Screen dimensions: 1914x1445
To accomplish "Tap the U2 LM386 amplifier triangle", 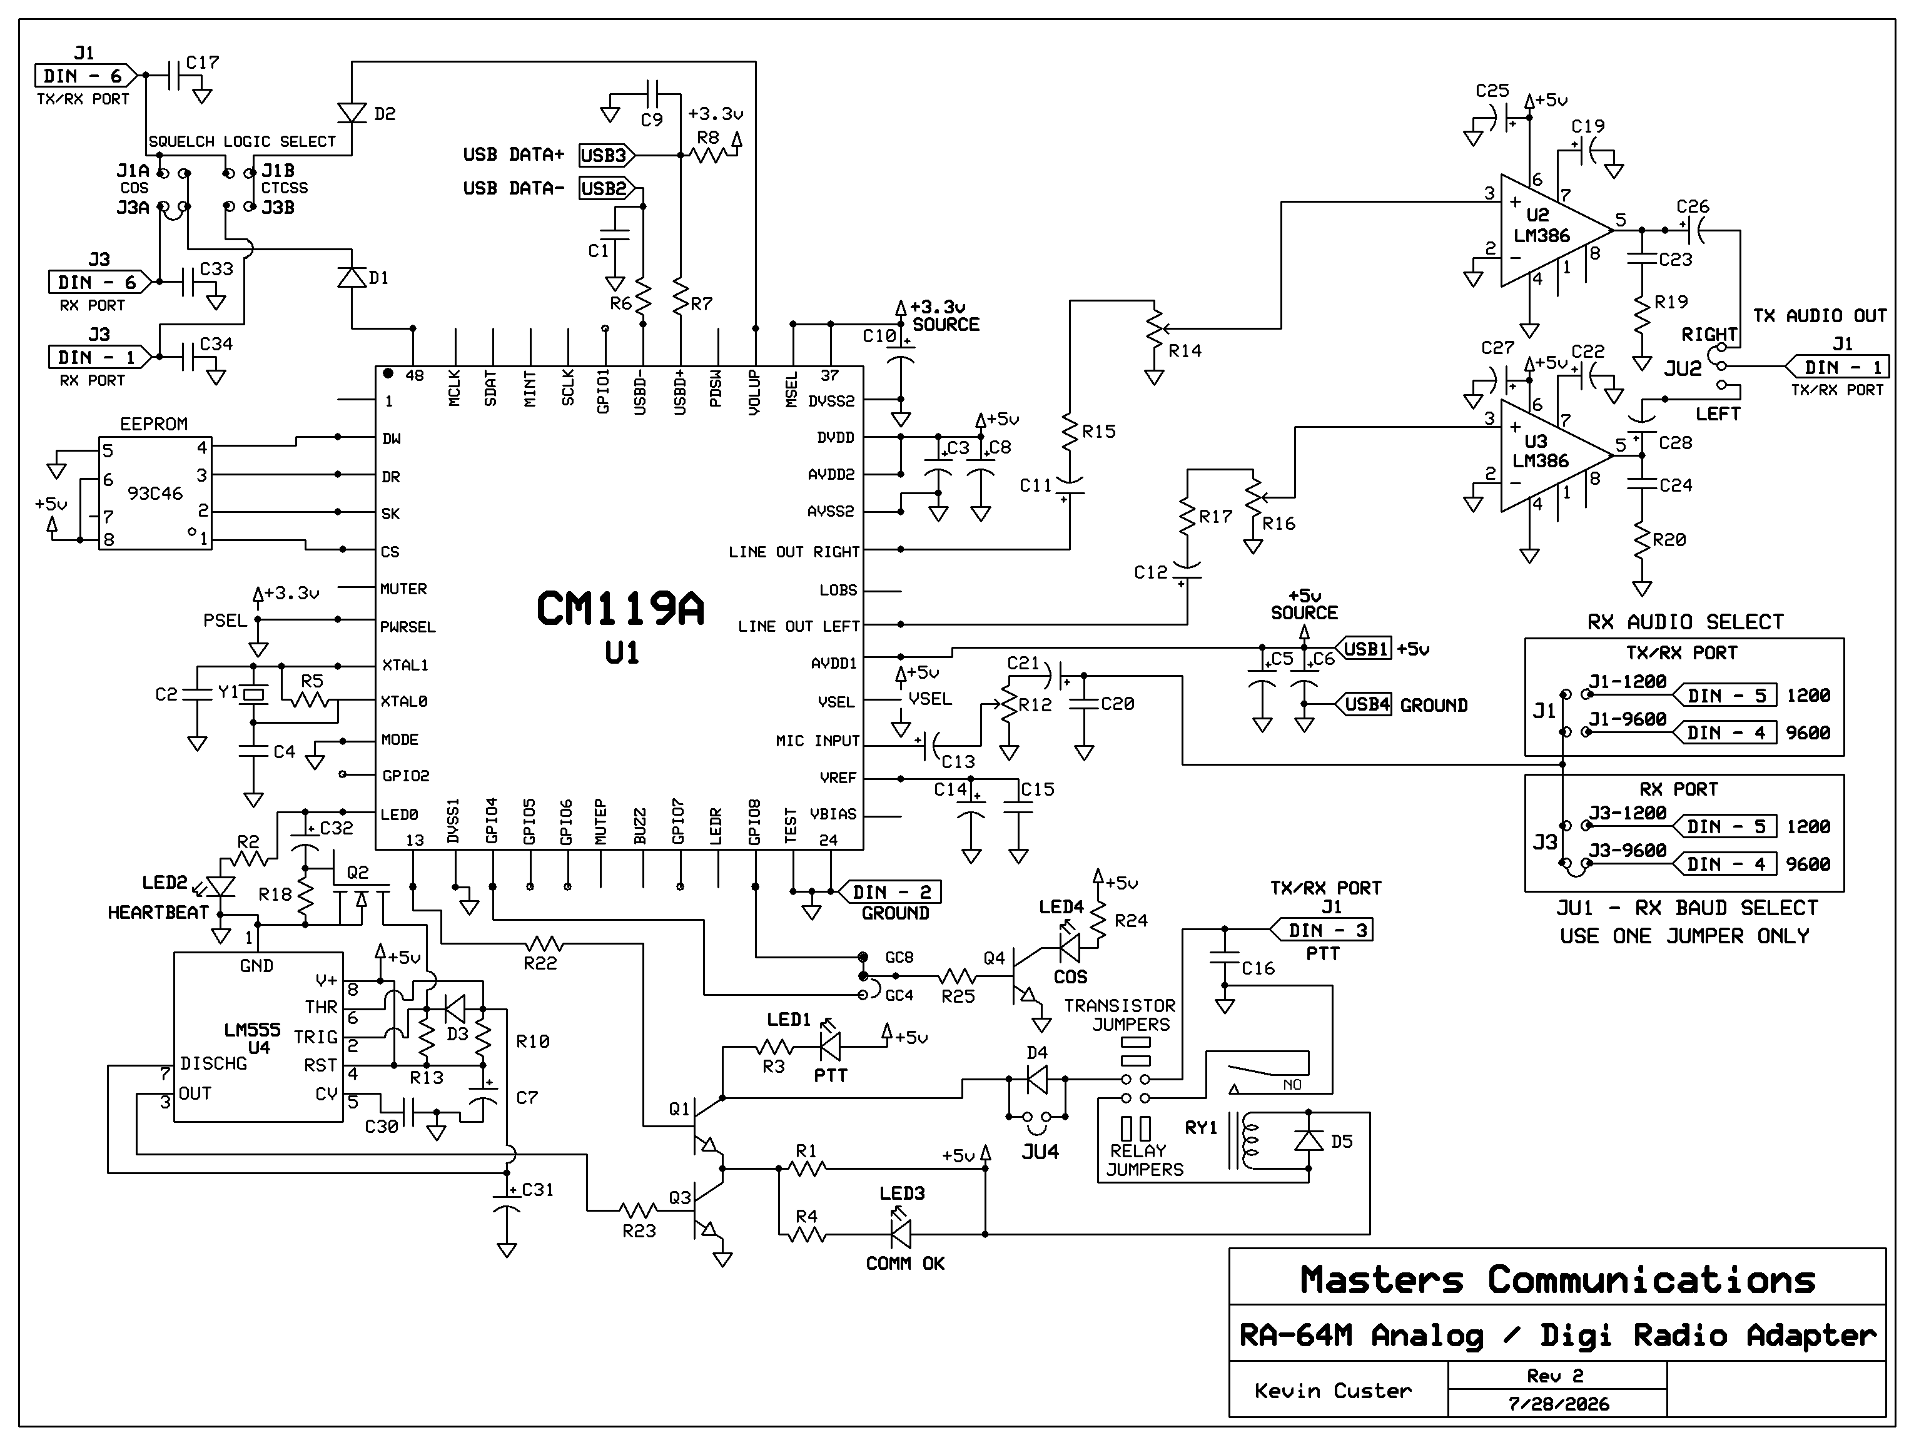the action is pyautogui.click(x=1553, y=230).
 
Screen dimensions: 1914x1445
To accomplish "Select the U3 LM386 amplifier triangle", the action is pyautogui.click(x=1553, y=455).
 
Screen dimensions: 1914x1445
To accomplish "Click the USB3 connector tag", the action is pyautogui.click(x=605, y=155).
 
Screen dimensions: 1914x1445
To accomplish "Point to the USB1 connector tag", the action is pyautogui.click(x=1365, y=648).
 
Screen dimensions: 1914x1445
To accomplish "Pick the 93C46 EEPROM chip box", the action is pyautogui.click(x=155, y=493).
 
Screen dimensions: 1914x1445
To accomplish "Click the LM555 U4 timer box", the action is pyautogui.click(x=259, y=1037).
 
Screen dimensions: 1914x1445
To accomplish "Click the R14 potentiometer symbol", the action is pyautogui.click(x=1154, y=328).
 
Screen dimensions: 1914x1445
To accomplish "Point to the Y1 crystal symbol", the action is pyautogui.click(x=253, y=694).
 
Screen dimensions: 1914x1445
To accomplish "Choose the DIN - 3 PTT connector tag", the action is pyautogui.click(x=1321, y=930).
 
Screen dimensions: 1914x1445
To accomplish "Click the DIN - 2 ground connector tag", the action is pyautogui.click(x=885, y=891).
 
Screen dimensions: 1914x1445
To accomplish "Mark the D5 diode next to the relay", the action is pyautogui.click(x=1309, y=1140).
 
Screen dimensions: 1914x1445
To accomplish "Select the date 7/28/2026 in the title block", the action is pyautogui.click(x=1558, y=1404).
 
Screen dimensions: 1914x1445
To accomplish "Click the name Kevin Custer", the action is pyautogui.click(x=1332, y=1391).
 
